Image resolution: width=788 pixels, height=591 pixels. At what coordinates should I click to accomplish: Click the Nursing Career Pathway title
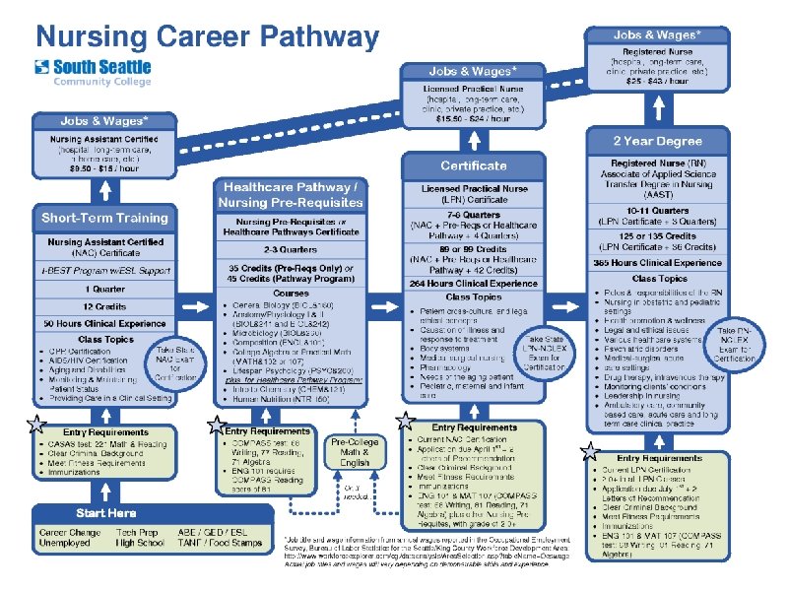[207, 37]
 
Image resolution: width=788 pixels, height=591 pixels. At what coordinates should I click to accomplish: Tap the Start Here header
[105, 513]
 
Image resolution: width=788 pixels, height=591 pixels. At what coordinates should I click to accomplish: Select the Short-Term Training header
[104, 217]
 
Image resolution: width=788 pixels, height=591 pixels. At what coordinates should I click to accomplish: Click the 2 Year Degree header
[658, 140]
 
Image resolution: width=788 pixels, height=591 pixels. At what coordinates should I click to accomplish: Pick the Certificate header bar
[473, 165]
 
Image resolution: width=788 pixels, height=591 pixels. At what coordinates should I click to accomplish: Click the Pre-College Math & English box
[355, 452]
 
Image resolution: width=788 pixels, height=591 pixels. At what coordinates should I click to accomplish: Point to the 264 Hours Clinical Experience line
[473, 284]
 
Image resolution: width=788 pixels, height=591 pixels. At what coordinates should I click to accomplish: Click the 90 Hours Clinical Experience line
[103, 323]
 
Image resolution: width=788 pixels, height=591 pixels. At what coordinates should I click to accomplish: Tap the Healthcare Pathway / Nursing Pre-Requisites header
[291, 194]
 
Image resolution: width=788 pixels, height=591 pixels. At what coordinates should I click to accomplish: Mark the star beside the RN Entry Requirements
[589, 451]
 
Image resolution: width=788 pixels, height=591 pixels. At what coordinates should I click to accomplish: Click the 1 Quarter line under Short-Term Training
[103, 289]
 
